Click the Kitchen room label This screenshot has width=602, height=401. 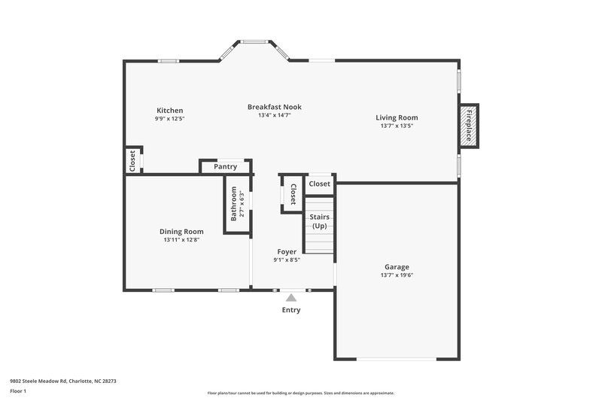coord(169,111)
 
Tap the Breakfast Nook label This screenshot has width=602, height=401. coord(274,107)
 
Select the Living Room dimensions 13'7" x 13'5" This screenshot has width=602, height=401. coord(397,126)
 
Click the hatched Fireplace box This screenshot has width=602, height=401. coord(469,126)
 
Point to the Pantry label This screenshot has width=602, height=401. coord(225,167)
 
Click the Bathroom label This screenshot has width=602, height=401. coord(234,203)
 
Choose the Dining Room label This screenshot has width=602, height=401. coord(181,231)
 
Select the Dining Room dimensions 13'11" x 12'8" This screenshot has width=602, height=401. coord(181,240)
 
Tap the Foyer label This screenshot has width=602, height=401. coord(287,251)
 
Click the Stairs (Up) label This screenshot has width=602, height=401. coord(321,221)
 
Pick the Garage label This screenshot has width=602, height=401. coord(397,267)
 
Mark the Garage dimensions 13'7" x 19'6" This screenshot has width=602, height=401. coord(397,275)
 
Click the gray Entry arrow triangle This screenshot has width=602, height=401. coord(291,298)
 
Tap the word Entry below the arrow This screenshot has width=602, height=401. coord(291,310)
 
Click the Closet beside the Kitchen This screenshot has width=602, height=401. coord(132,160)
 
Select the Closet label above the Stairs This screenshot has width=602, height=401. coord(319,184)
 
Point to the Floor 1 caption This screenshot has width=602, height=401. coord(18,392)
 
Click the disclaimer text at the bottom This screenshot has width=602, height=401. coord(300,393)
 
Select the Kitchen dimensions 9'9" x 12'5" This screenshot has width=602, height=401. coord(169,119)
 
